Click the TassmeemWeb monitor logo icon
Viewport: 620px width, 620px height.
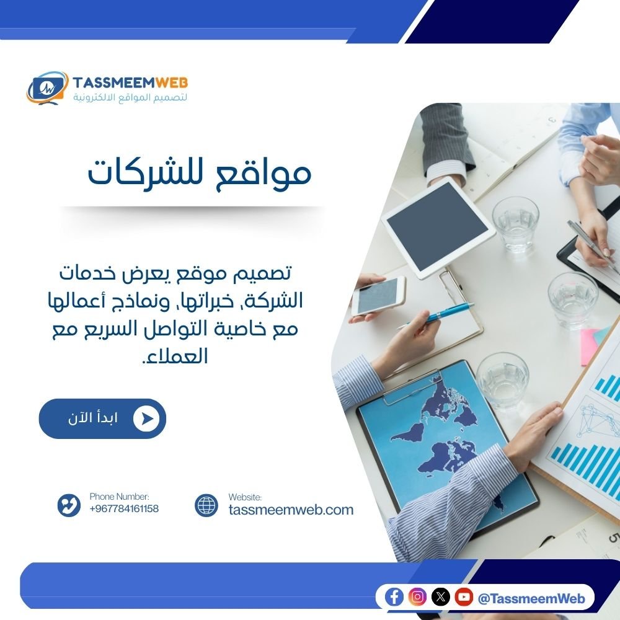click(x=47, y=87)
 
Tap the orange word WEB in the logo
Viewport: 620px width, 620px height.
click(x=172, y=82)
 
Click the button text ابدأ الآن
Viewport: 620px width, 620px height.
click(x=93, y=418)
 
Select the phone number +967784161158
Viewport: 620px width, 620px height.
click(x=124, y=509)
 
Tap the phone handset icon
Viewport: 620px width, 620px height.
click(x=69, y=505)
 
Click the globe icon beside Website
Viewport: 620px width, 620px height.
click(x=206, y=505)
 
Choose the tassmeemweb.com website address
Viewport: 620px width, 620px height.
click(x=291, y=510)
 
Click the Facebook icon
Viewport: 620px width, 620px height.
click(x=394, y=597)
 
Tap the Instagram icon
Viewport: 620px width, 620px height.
click(x=418, y=597)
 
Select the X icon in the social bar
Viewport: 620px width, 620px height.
click(x=441, y=597)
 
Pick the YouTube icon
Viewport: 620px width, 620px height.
click(x=464, y=597)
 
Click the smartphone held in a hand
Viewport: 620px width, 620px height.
click(x=378, y=296)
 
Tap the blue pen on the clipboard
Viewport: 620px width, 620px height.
click(x=441, y=314)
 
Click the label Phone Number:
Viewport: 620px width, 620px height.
click(x=119, y=497)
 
